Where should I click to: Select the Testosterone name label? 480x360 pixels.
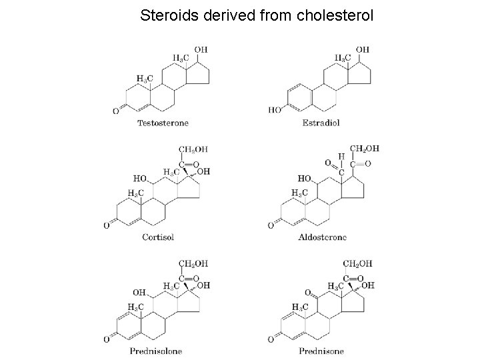163,123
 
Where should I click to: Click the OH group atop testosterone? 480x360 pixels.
201,49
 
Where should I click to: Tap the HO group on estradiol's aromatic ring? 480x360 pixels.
275,110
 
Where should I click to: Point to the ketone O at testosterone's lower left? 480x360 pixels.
115,111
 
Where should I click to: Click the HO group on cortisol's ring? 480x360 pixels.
140,178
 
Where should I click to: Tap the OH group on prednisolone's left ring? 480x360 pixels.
139,291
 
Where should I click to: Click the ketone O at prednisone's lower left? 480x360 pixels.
271,339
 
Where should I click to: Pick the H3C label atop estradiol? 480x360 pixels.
342,57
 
